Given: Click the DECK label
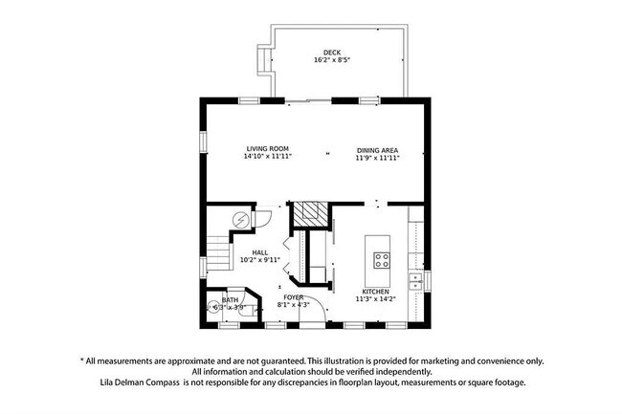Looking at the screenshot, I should tap(332, 52).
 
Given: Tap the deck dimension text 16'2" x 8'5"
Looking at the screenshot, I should tap(332, 60).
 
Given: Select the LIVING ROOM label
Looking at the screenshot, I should tap(267, 149).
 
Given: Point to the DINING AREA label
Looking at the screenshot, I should tap(377, 149).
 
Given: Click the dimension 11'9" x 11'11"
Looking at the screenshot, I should tap(377, 158).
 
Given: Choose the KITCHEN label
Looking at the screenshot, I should tap(375, 292).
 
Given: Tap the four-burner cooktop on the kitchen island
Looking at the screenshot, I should tap(382, 257).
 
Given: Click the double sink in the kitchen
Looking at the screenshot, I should tap(417, 281).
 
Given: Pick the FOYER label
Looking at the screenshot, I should tap(293, 297).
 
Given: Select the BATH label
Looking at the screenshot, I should tap(231, 299).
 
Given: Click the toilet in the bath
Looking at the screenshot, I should tap(214, 308).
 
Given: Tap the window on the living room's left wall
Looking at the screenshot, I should tap(203, 141).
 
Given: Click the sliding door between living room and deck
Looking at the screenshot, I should tap(305, 99).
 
